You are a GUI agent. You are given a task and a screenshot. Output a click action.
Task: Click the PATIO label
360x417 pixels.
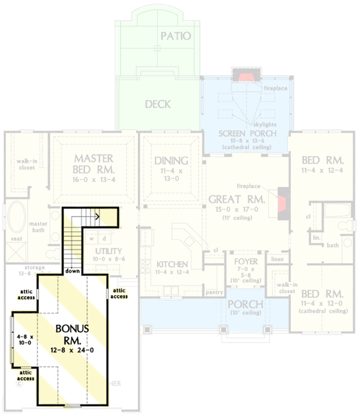click(175, 36)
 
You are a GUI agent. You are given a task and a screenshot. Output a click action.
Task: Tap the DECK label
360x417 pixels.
click(158, 104)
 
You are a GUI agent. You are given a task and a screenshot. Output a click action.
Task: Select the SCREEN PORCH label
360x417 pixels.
click(247, 134)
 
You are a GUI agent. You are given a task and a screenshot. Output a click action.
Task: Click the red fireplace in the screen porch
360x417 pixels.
click(245, 77)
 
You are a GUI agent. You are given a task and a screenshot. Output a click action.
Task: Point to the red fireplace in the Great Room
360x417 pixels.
click(283, 203)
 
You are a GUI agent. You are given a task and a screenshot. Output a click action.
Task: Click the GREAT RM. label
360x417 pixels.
click(236, 200)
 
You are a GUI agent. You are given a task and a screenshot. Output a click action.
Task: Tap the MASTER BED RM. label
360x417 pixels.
click(94, 164)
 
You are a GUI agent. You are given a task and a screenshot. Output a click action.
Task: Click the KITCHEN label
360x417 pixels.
click(172, 264)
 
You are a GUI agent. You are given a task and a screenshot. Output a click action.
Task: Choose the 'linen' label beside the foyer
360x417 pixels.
click(277, 260)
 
